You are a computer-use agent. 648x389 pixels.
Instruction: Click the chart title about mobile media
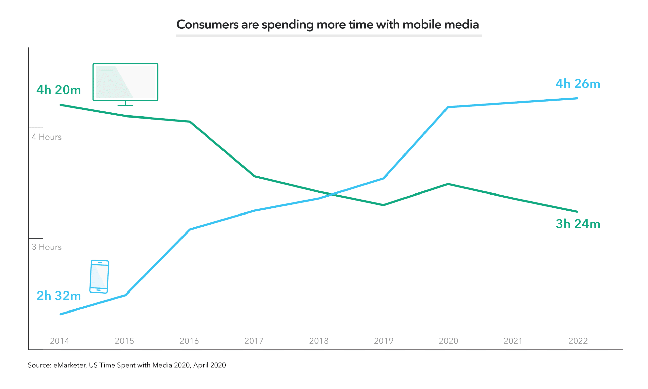(327, 24)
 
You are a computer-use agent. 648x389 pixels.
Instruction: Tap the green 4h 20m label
(59, 90)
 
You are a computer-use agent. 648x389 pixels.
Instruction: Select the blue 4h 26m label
(578, 84)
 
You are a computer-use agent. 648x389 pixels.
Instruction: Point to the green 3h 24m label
(578, 224)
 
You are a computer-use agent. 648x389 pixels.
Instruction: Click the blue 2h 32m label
(59, 296)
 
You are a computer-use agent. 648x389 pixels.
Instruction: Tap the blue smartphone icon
(99, 277)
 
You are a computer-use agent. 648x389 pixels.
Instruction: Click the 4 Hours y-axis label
(47, 137)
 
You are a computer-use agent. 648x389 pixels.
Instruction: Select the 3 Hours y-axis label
(47, 247)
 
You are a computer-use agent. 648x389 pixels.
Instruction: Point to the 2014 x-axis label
(59, 341)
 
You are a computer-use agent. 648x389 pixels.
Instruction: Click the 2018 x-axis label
(318, 341)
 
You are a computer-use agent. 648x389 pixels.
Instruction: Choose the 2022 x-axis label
(578, 341)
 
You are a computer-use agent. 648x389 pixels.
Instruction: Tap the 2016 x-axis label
(189, 341)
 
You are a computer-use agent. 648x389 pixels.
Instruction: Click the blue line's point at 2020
(448, 107)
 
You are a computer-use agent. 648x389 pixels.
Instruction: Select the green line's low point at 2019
(383, 205)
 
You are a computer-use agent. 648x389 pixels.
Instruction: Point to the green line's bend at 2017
(254, 176)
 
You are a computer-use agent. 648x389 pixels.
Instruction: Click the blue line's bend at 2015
(126, 295)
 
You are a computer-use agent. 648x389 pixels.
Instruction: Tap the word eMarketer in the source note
(70, 365)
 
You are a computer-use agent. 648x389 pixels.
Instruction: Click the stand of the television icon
(125, 104)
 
